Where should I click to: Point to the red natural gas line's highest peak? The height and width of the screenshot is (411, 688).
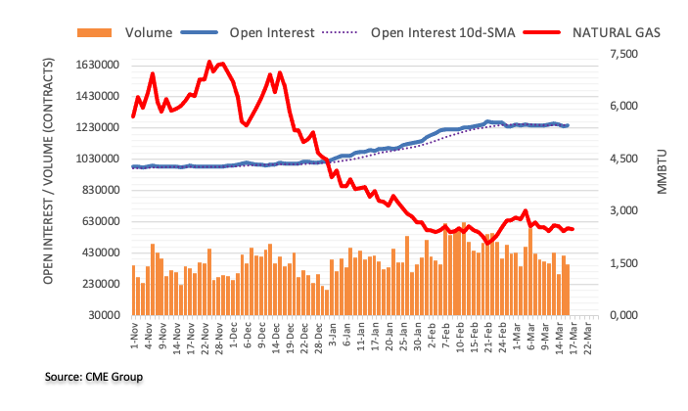click(x=209, y=62)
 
